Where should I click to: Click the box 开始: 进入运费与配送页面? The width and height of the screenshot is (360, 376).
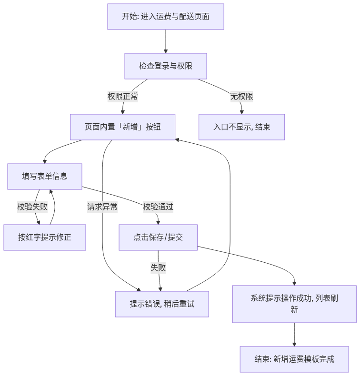(166, 17)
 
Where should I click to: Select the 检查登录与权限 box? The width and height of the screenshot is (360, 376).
(166, 66)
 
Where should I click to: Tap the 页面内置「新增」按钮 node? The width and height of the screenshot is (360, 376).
(122, 127)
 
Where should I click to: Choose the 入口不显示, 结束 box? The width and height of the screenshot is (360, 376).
(241, 127)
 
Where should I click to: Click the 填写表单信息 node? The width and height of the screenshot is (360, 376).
(45, 177)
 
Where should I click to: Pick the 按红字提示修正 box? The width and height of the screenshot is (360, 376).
(45, 237)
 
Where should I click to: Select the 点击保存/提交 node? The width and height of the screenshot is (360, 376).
(158, 237)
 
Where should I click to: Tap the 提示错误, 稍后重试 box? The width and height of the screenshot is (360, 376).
(162, 304)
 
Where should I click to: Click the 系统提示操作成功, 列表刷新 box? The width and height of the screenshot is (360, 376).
(294, 304)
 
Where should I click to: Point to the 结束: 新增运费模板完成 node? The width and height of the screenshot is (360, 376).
(294, 359)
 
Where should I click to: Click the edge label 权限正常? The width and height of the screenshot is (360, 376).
(122, 97)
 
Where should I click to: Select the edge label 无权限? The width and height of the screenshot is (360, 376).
(241, 97)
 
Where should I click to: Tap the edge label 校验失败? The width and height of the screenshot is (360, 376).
(32, 207)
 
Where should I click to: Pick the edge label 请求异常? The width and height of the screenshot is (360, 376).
(102, 207)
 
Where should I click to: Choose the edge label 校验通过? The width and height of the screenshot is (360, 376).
(158, 207)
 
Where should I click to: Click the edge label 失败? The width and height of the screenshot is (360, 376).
(158, 267)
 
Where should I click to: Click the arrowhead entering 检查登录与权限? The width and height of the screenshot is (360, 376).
(166, 51)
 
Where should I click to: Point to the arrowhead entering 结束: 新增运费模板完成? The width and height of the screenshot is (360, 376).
(294, 345)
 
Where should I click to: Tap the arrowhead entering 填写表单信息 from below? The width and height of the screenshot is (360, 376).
(51, 191)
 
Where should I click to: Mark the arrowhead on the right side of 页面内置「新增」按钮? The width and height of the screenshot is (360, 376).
(177, 139)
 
